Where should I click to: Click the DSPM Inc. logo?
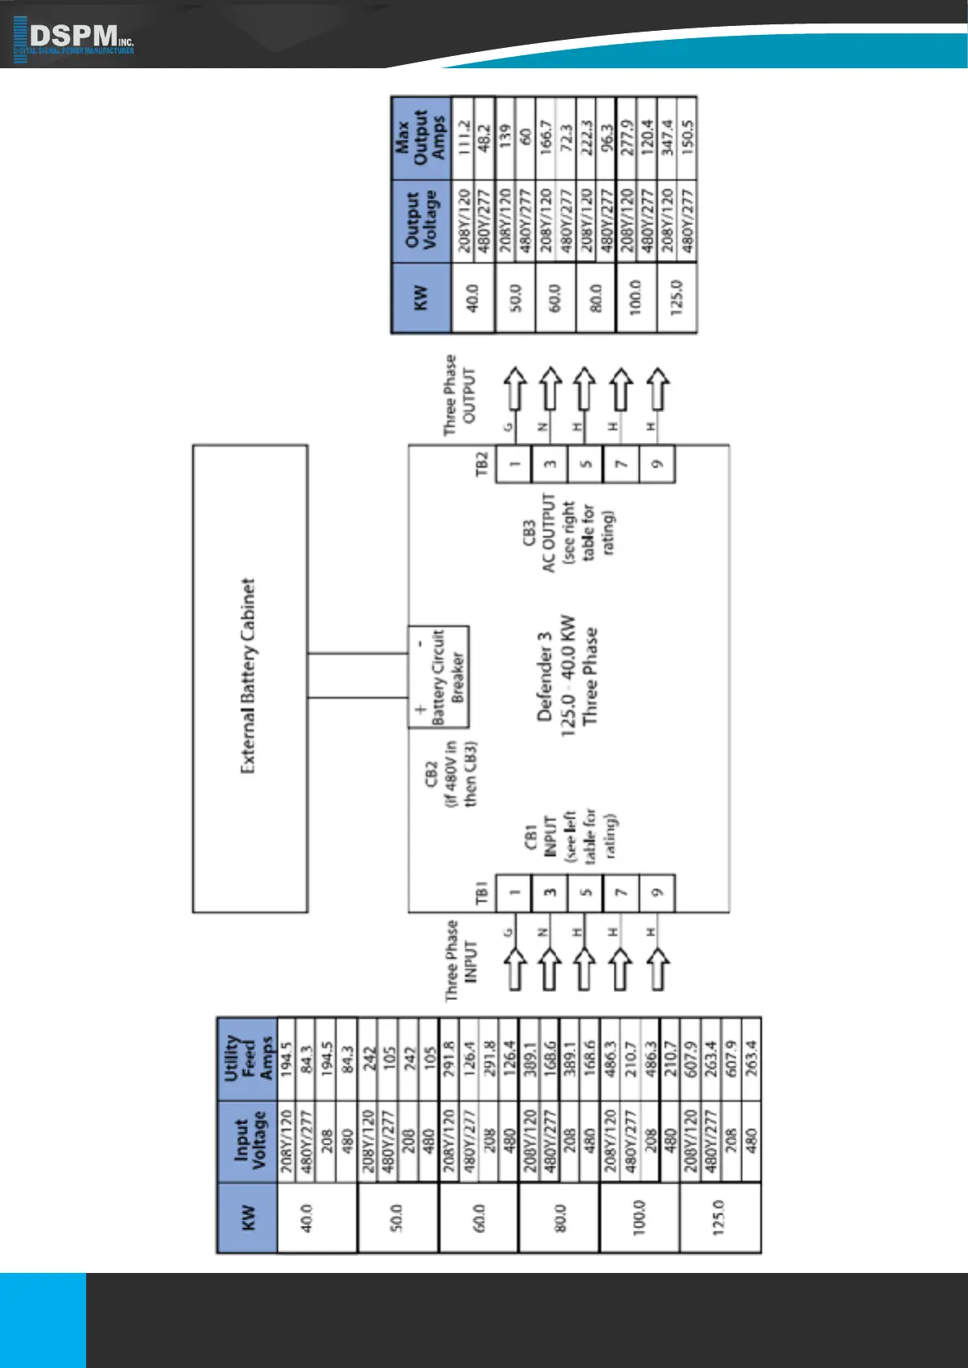point(74,37)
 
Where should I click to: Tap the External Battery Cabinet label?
point(249,676)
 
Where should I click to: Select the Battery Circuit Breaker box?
point(438,677)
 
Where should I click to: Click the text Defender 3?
point(545,677)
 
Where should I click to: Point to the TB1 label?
point(481,894)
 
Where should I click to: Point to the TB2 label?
point(481,464)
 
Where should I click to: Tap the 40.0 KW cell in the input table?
point(308,1217)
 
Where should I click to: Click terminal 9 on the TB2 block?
point(658,464)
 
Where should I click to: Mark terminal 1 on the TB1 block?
point(514,892)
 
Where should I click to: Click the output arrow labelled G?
point(513,389)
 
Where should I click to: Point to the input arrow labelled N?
point(549,968)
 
